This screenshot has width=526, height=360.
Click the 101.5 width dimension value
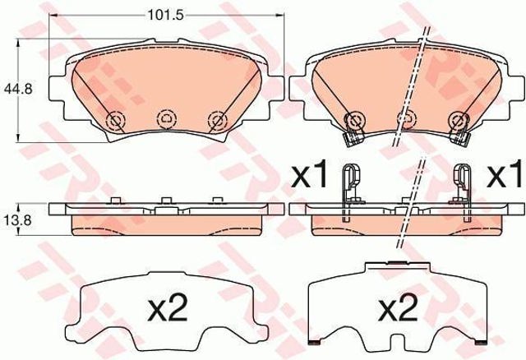click(166, 15)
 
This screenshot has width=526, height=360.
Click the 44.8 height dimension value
click(18, 89)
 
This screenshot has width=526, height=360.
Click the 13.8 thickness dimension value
click(18, 220)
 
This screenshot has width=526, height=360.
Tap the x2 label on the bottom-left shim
click(168, 309)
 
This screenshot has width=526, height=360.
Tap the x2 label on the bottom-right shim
click(398, 309)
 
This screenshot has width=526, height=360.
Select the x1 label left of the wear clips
click(309, 173)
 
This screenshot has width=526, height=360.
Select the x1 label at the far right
click(505, 173)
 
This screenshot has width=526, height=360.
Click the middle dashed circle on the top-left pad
click(166, 118)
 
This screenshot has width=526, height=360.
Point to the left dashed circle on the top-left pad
click(115, 120)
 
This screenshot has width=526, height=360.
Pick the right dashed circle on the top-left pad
click(217, 120)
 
